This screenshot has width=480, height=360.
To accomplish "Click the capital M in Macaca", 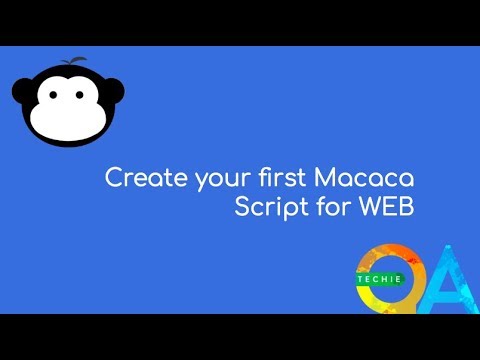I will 326,181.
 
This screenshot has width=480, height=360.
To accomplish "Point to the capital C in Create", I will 113,181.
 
